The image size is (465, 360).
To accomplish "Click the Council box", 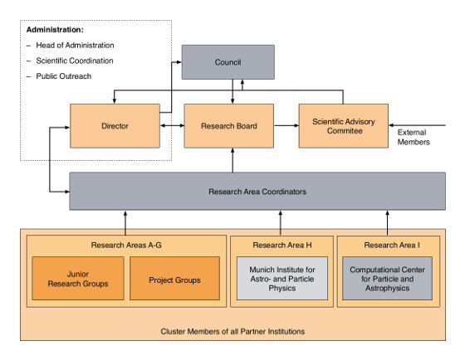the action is [x=228, y=62].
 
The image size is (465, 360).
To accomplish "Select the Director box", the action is [x=115, y=126].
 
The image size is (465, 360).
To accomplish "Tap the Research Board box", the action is [x=229, y=126].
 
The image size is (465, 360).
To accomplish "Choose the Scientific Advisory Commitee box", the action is [x=344, y=126].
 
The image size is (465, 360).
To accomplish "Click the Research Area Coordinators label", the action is [x=257, y=192].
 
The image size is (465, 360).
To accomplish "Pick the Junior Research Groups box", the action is [x=78, y=279].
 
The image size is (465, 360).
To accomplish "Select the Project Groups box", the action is [x=174, y=279].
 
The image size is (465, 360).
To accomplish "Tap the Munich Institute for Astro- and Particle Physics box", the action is [x=282, y=279].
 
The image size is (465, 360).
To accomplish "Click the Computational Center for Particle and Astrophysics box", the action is [x=387, y=279].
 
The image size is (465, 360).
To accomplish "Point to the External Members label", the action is [x=414, y=137].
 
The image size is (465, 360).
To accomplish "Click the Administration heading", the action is [x=55, y=30].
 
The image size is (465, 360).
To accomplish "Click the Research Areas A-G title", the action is [x=126, y=245].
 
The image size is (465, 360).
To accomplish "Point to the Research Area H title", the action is [x=282, y=245].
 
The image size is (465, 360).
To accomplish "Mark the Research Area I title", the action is [x=392, y=245].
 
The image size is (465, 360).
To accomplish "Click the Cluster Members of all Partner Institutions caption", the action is [x=232, y=331].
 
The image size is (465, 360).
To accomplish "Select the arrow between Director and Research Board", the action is [x=173, y=125].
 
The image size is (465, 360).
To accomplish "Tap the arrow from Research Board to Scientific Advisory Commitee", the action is [x=286, y=125].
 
